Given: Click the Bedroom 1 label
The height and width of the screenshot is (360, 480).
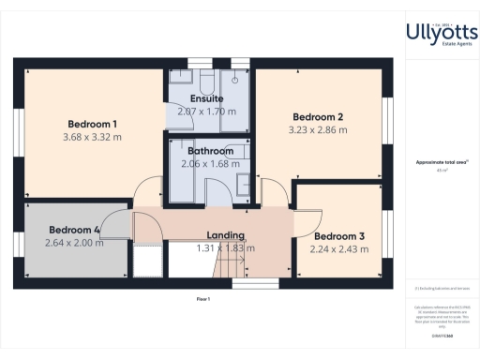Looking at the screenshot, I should click(x=92, y=124).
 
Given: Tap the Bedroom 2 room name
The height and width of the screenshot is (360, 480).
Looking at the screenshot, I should click(x=315, y=117).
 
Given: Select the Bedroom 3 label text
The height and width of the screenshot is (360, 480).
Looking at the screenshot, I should click(x=339, y=236).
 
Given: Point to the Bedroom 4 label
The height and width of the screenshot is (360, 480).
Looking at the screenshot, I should click(x=74, y=230).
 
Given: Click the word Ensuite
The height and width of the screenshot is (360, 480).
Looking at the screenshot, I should click(x=206, y=97).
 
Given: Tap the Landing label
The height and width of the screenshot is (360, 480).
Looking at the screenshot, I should click(x=225, y=235).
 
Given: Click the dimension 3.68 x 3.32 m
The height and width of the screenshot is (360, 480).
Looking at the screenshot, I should click(x=92, y=137).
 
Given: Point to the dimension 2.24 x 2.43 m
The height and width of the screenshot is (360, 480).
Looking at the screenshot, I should click(x=339, y=249).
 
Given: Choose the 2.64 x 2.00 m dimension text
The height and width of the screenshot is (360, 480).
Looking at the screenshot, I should click(x=74, y=243).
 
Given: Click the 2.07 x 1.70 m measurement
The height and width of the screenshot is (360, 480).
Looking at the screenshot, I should click(x=206, y=111).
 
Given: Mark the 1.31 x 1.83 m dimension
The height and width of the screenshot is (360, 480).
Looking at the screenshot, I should click(x=225, y=248).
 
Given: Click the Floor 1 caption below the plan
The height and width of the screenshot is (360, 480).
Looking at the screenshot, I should click(x=202, y=298).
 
